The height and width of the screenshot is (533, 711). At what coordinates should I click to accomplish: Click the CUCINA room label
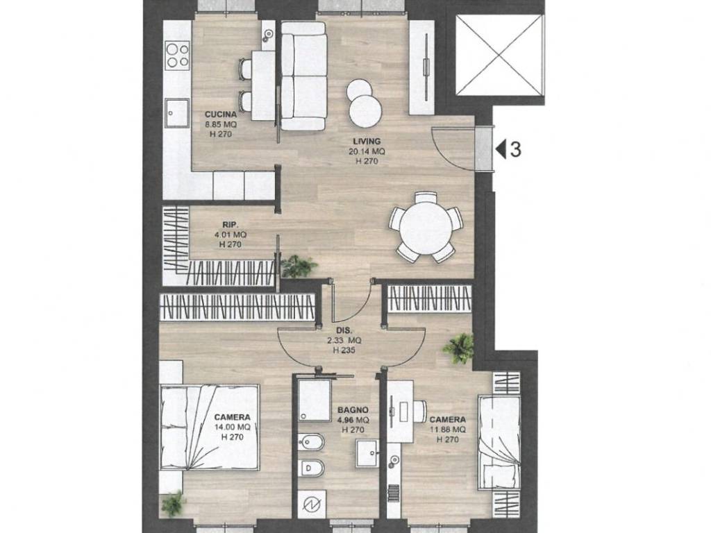pyautogui.click(x=220, y=115)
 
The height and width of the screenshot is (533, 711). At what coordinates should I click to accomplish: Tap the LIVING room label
pyautogui.click(x=367, y=142)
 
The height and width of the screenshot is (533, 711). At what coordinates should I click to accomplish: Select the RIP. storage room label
pyautogui.click(x=231, y=224)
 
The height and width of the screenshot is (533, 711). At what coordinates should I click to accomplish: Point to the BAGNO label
pyautogui.click(x=353, y=410)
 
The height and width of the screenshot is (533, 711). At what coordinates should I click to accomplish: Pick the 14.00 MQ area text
pyautogui.click(x=232, y=428)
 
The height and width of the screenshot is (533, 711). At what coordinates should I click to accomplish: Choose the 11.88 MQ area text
pyautogui.click(x=448, y=430)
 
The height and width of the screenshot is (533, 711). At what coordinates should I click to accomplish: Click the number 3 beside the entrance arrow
pyautogui.click(x=516, y=150)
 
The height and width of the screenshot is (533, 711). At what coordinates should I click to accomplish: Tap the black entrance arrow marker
pyautogui.click(x=501, y=150)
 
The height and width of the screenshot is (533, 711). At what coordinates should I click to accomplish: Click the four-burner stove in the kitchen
pyautogui.click(x=177, y=56)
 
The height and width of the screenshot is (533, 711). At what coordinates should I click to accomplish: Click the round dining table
pyautogui.click(x=426, y=228)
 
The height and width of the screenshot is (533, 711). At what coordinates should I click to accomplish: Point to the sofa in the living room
pyautogui.click(x=303, y=76)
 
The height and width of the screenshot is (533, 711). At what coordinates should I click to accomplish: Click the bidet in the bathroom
pyautogui.click(x=311, y=442)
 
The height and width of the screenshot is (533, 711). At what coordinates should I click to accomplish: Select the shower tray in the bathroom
pyautogui.click(x=315, y=400)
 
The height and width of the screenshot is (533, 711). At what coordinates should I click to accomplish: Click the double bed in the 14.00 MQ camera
pyautogui.click(x=210, y=428)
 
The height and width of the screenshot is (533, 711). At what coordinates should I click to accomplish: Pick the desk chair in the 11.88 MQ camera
pyautogui.click(x=419, y=411)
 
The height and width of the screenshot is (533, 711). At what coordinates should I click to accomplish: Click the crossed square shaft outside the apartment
pyautogui.click(x=499, y=56)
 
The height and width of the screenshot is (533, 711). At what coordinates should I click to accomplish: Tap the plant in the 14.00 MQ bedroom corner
pyautogui.click(x=174, y=504)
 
